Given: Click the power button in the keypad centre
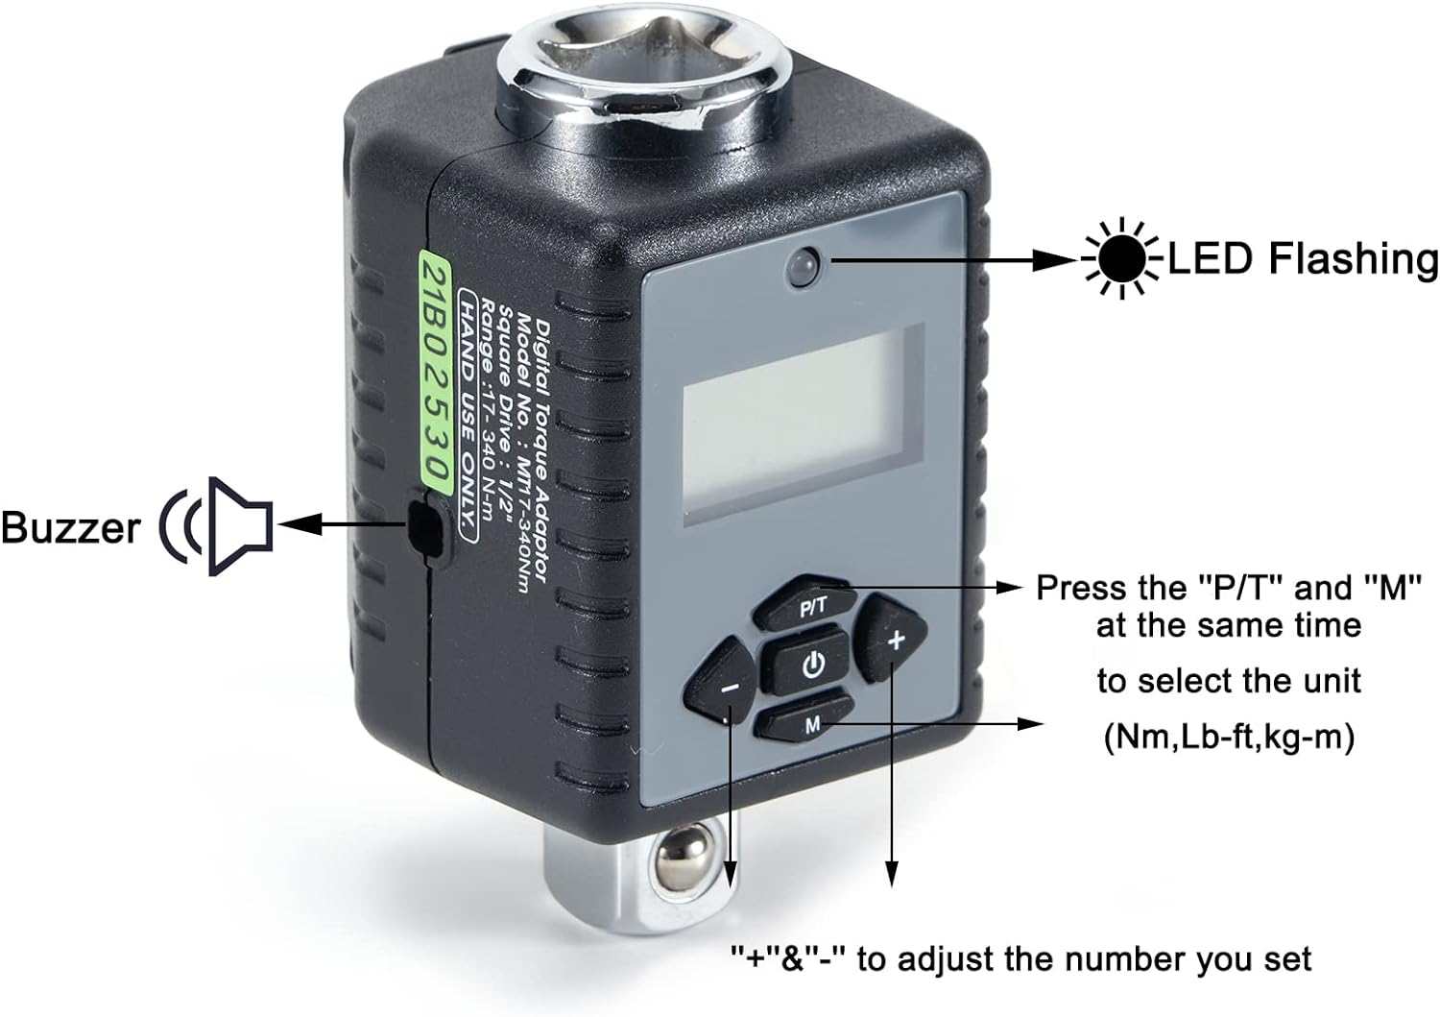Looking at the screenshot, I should (812, 664).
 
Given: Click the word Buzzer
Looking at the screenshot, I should (70, 528).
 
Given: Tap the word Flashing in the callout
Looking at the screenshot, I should (1354, 259).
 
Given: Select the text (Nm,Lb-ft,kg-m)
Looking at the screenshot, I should (1229, 738).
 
